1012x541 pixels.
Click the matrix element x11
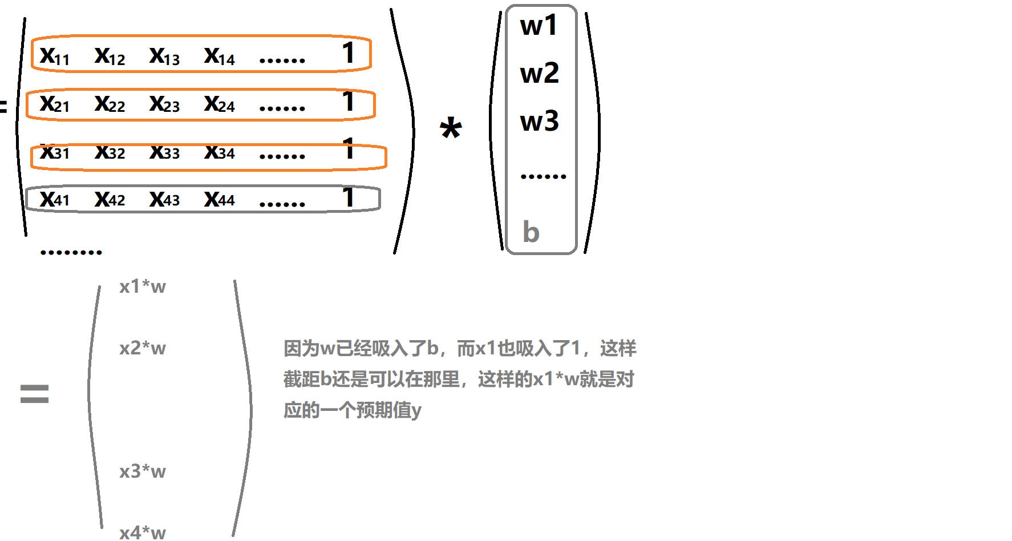pyautogui.click(x=55, y=56)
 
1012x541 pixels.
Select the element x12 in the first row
pyautogui.click(x=110, y=56)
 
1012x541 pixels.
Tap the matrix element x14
pyautogui.click(x=220, y=56)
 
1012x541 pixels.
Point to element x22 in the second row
pyautogui.click(x=110, y=104)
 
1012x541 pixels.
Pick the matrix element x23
pyautogui.click(x=164, y=104)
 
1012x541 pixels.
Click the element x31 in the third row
pyautogui.click(x=55, y=152)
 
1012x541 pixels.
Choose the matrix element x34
pyautogui.click(x=220, y=152)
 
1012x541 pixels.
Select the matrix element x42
pyautogui.click(x=110, y=199)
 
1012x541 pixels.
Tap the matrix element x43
pyautogui.click(x=164, y=199)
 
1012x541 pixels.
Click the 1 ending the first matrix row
pyautogui.click(x=349, y=53)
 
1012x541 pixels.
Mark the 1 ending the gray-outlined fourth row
pyautogui.click(x=349, y=197)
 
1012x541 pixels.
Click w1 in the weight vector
pyautogui.click(x=539, y=26)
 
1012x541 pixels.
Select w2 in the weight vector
pyautogui.click(x=539, y=73)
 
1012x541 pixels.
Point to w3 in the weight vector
pyautogui.click(x=539, y=121)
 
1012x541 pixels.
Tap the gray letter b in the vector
pyautogui.click(x=531, y=232)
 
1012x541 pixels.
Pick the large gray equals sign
pyautogui.click(x=34, y=394)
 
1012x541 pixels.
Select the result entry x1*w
pyautogui.click(x=143, y=286)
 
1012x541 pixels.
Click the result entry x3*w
pyautogui.click(x=143, y=471)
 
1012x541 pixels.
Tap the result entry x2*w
pyautogui.click(x=143, y=348)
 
